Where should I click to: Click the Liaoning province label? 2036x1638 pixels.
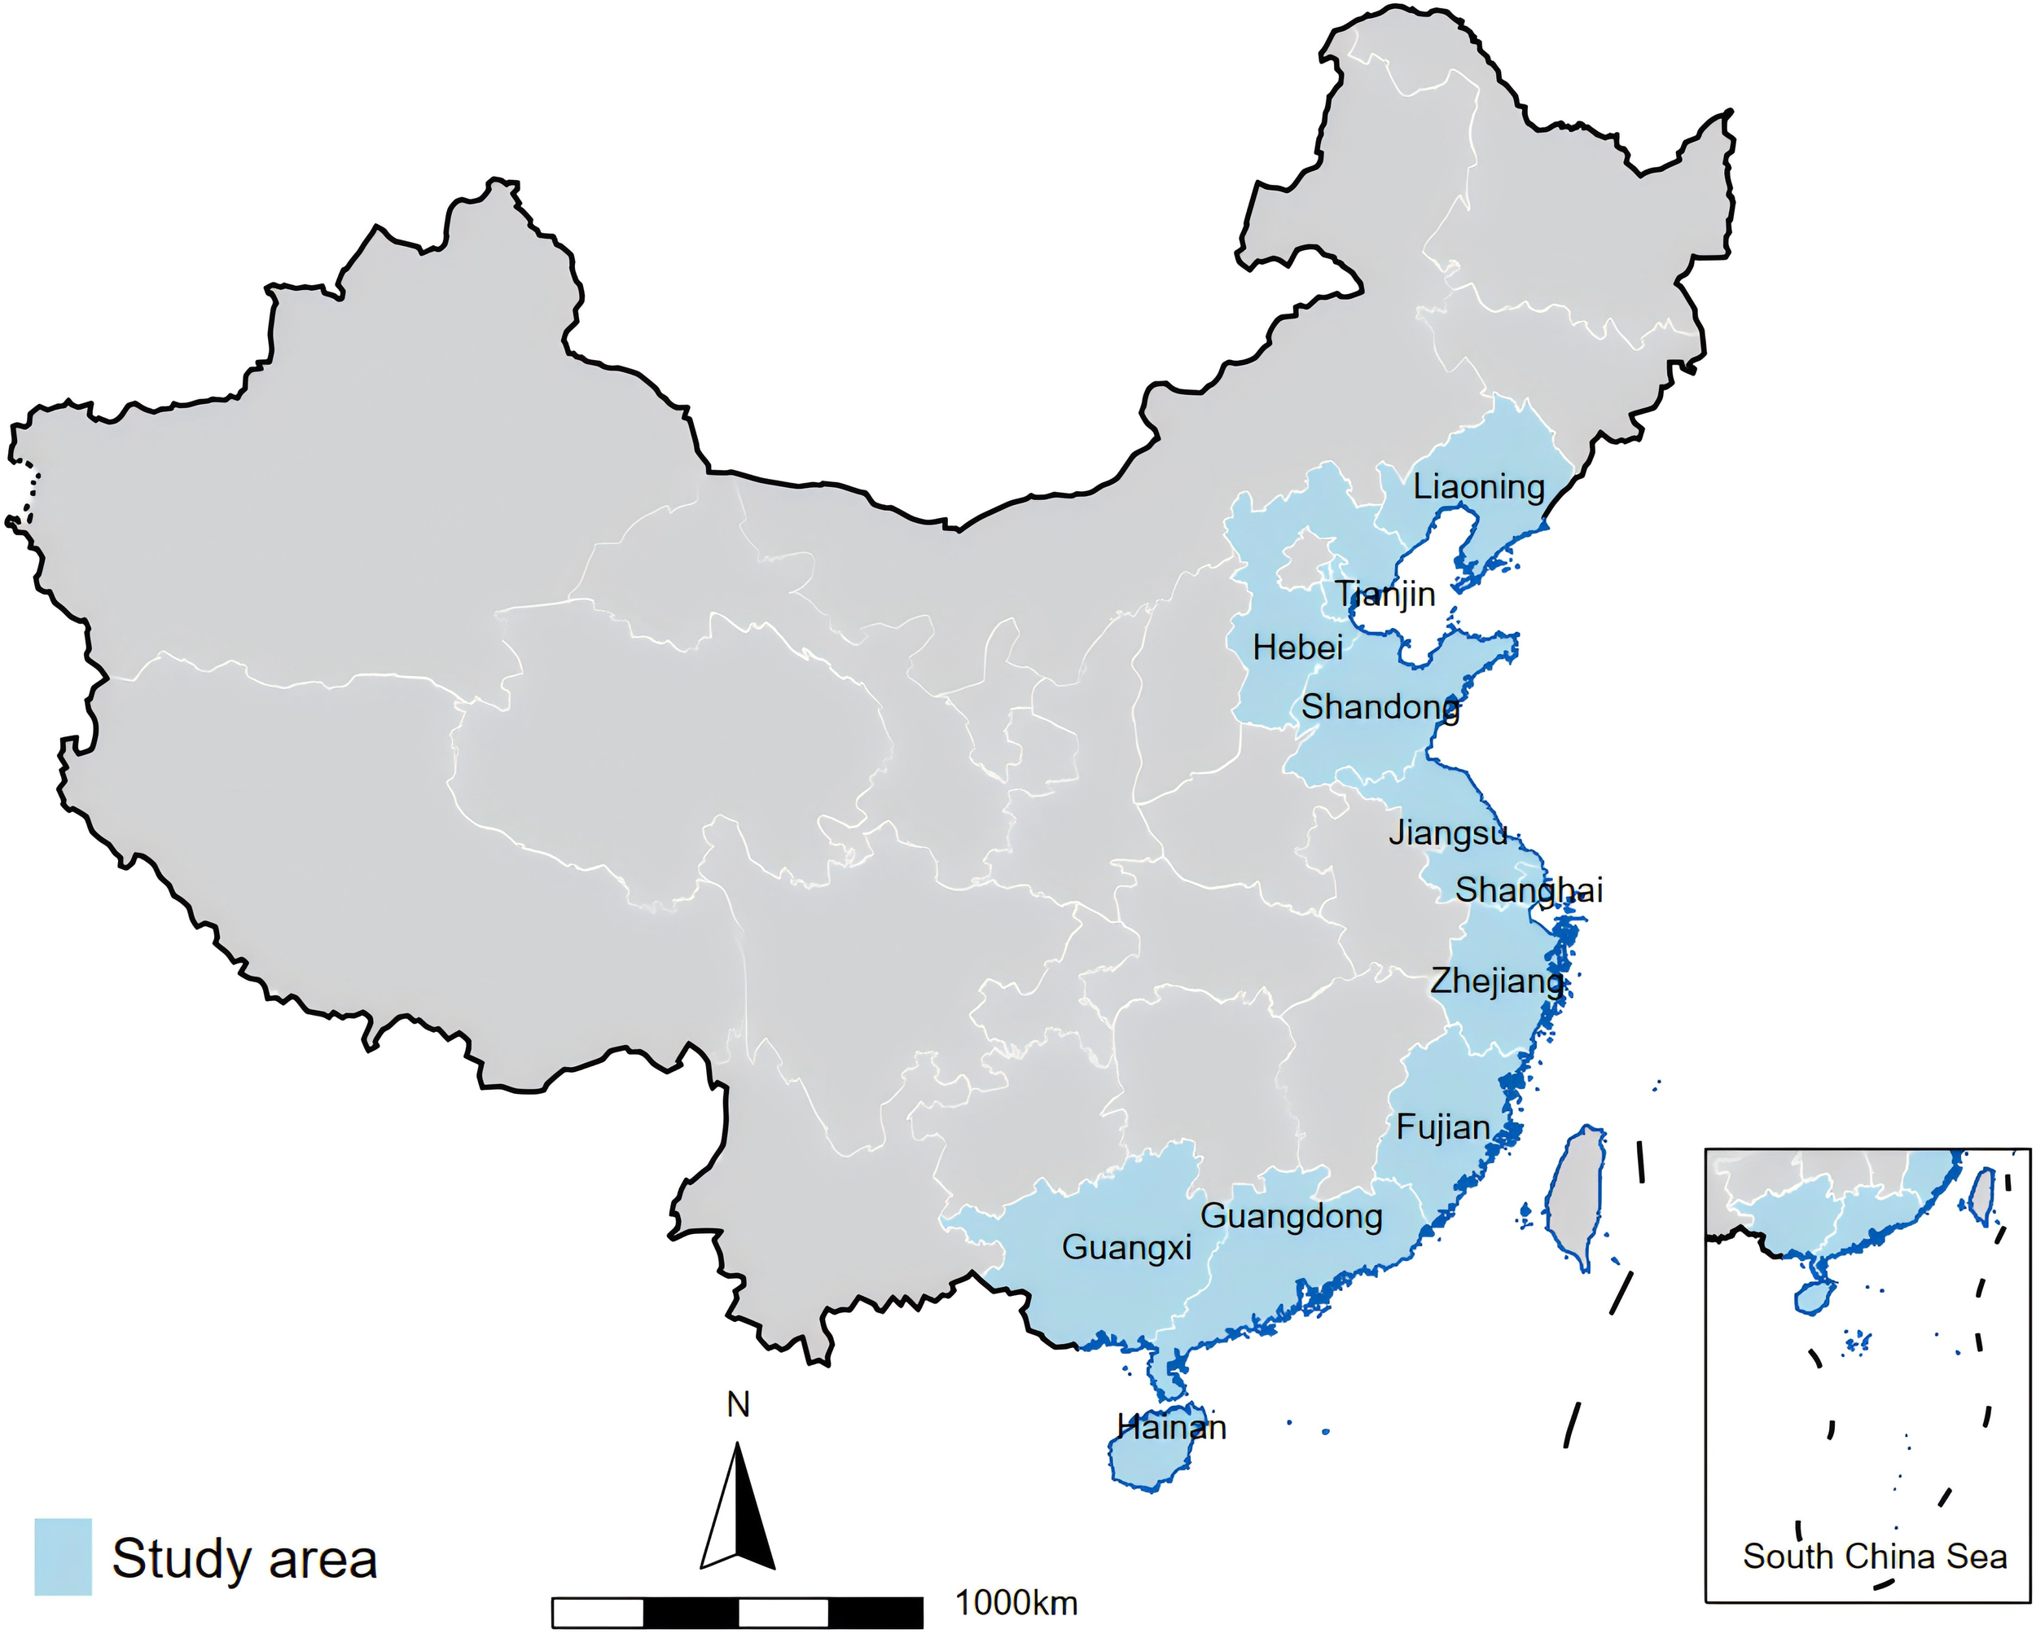point(1478,487)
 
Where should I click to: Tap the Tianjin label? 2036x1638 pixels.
point(1384,594)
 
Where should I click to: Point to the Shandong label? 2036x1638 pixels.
point(1380,706)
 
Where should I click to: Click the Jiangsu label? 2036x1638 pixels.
point(1448,833)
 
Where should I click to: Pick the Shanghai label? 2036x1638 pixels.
point(1529,889)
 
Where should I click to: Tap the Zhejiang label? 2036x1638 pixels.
point(1497,981)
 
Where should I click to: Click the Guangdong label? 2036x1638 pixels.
point(1291,1216)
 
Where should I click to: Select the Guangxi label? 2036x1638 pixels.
point(1126,1248)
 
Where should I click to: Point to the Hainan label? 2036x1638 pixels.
point(1171,1426)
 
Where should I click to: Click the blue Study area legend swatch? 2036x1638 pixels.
point(64,1557)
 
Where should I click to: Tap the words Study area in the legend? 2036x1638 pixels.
point(244,1559)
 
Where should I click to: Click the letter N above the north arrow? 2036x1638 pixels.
point(738,1406)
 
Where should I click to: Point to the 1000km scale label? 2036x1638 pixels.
point(1016,1603)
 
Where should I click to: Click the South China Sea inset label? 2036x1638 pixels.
point(1875,1557)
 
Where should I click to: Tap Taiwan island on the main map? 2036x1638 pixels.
point(1575,1195)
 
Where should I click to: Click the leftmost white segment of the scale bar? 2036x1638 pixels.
point(598,1613)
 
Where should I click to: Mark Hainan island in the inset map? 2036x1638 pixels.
point(1813,1298)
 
